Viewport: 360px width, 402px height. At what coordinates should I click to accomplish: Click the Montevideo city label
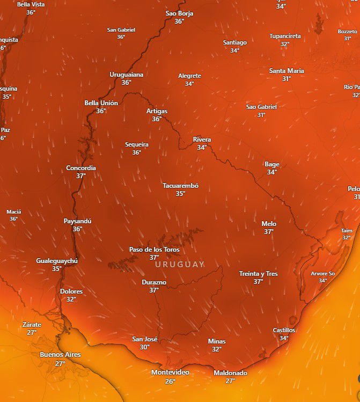[170, 372]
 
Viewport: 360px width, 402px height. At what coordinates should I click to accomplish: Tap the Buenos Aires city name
[60, 355]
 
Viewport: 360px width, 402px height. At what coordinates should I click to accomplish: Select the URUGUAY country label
[180, 264]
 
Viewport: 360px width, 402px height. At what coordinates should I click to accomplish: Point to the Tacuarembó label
[180, 186]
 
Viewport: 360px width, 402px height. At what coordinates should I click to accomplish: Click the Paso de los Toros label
[154, 250]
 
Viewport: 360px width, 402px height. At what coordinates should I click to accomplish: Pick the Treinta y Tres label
[258, 274]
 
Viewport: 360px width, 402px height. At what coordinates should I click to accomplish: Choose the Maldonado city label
[230, 373]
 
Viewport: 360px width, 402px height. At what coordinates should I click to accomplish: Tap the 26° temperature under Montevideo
[170, 381]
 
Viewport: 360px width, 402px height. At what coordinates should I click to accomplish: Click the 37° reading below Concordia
[81, 176]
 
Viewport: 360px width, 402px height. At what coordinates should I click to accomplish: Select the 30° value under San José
[145, 347]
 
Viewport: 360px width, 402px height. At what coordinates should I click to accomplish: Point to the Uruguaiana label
[126, 75]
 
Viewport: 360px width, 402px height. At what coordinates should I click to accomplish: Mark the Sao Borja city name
[179, 13]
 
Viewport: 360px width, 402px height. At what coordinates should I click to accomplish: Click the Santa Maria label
[286, 71]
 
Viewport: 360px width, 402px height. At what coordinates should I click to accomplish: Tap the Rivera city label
[202, 140]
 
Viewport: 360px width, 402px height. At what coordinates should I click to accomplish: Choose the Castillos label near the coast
[284, 330]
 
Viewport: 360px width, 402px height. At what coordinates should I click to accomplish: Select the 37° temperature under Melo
[269, 232]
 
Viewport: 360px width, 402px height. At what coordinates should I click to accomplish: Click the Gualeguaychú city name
[57, 261]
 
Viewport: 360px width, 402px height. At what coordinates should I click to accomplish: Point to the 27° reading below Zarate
[32, 333]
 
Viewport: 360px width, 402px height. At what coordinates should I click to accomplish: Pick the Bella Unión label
[101, 103]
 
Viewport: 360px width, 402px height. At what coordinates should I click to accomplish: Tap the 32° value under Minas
[217, 349]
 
